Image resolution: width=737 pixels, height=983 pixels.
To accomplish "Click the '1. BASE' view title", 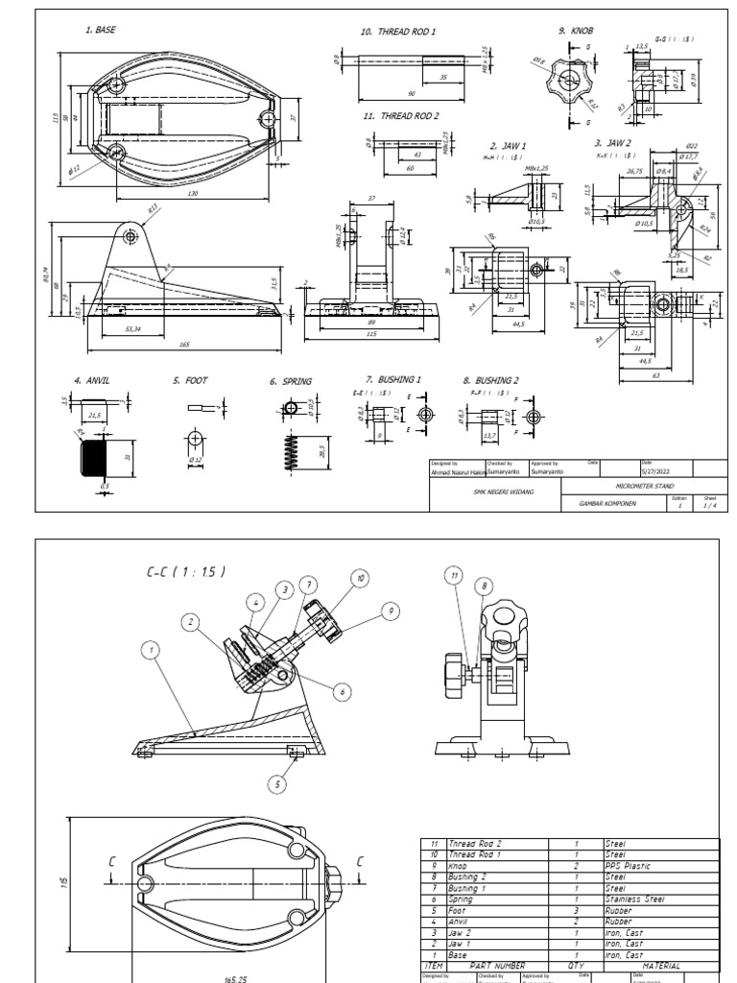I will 100,31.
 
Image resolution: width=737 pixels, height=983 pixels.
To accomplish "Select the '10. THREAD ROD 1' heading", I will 397,32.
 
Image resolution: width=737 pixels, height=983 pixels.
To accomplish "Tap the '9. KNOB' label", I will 576,31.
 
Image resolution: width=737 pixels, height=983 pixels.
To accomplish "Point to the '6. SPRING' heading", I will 290,381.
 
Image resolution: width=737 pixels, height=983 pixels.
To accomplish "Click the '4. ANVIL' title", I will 91,381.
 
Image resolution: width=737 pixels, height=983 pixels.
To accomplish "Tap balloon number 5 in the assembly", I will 277,784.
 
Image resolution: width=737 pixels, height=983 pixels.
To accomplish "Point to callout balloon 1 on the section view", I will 150,651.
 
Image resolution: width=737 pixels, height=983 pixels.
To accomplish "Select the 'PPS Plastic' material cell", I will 629,866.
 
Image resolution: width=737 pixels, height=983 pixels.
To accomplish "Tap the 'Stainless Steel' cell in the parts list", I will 635,899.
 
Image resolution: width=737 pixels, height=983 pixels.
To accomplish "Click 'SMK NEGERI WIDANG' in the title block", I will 498,491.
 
